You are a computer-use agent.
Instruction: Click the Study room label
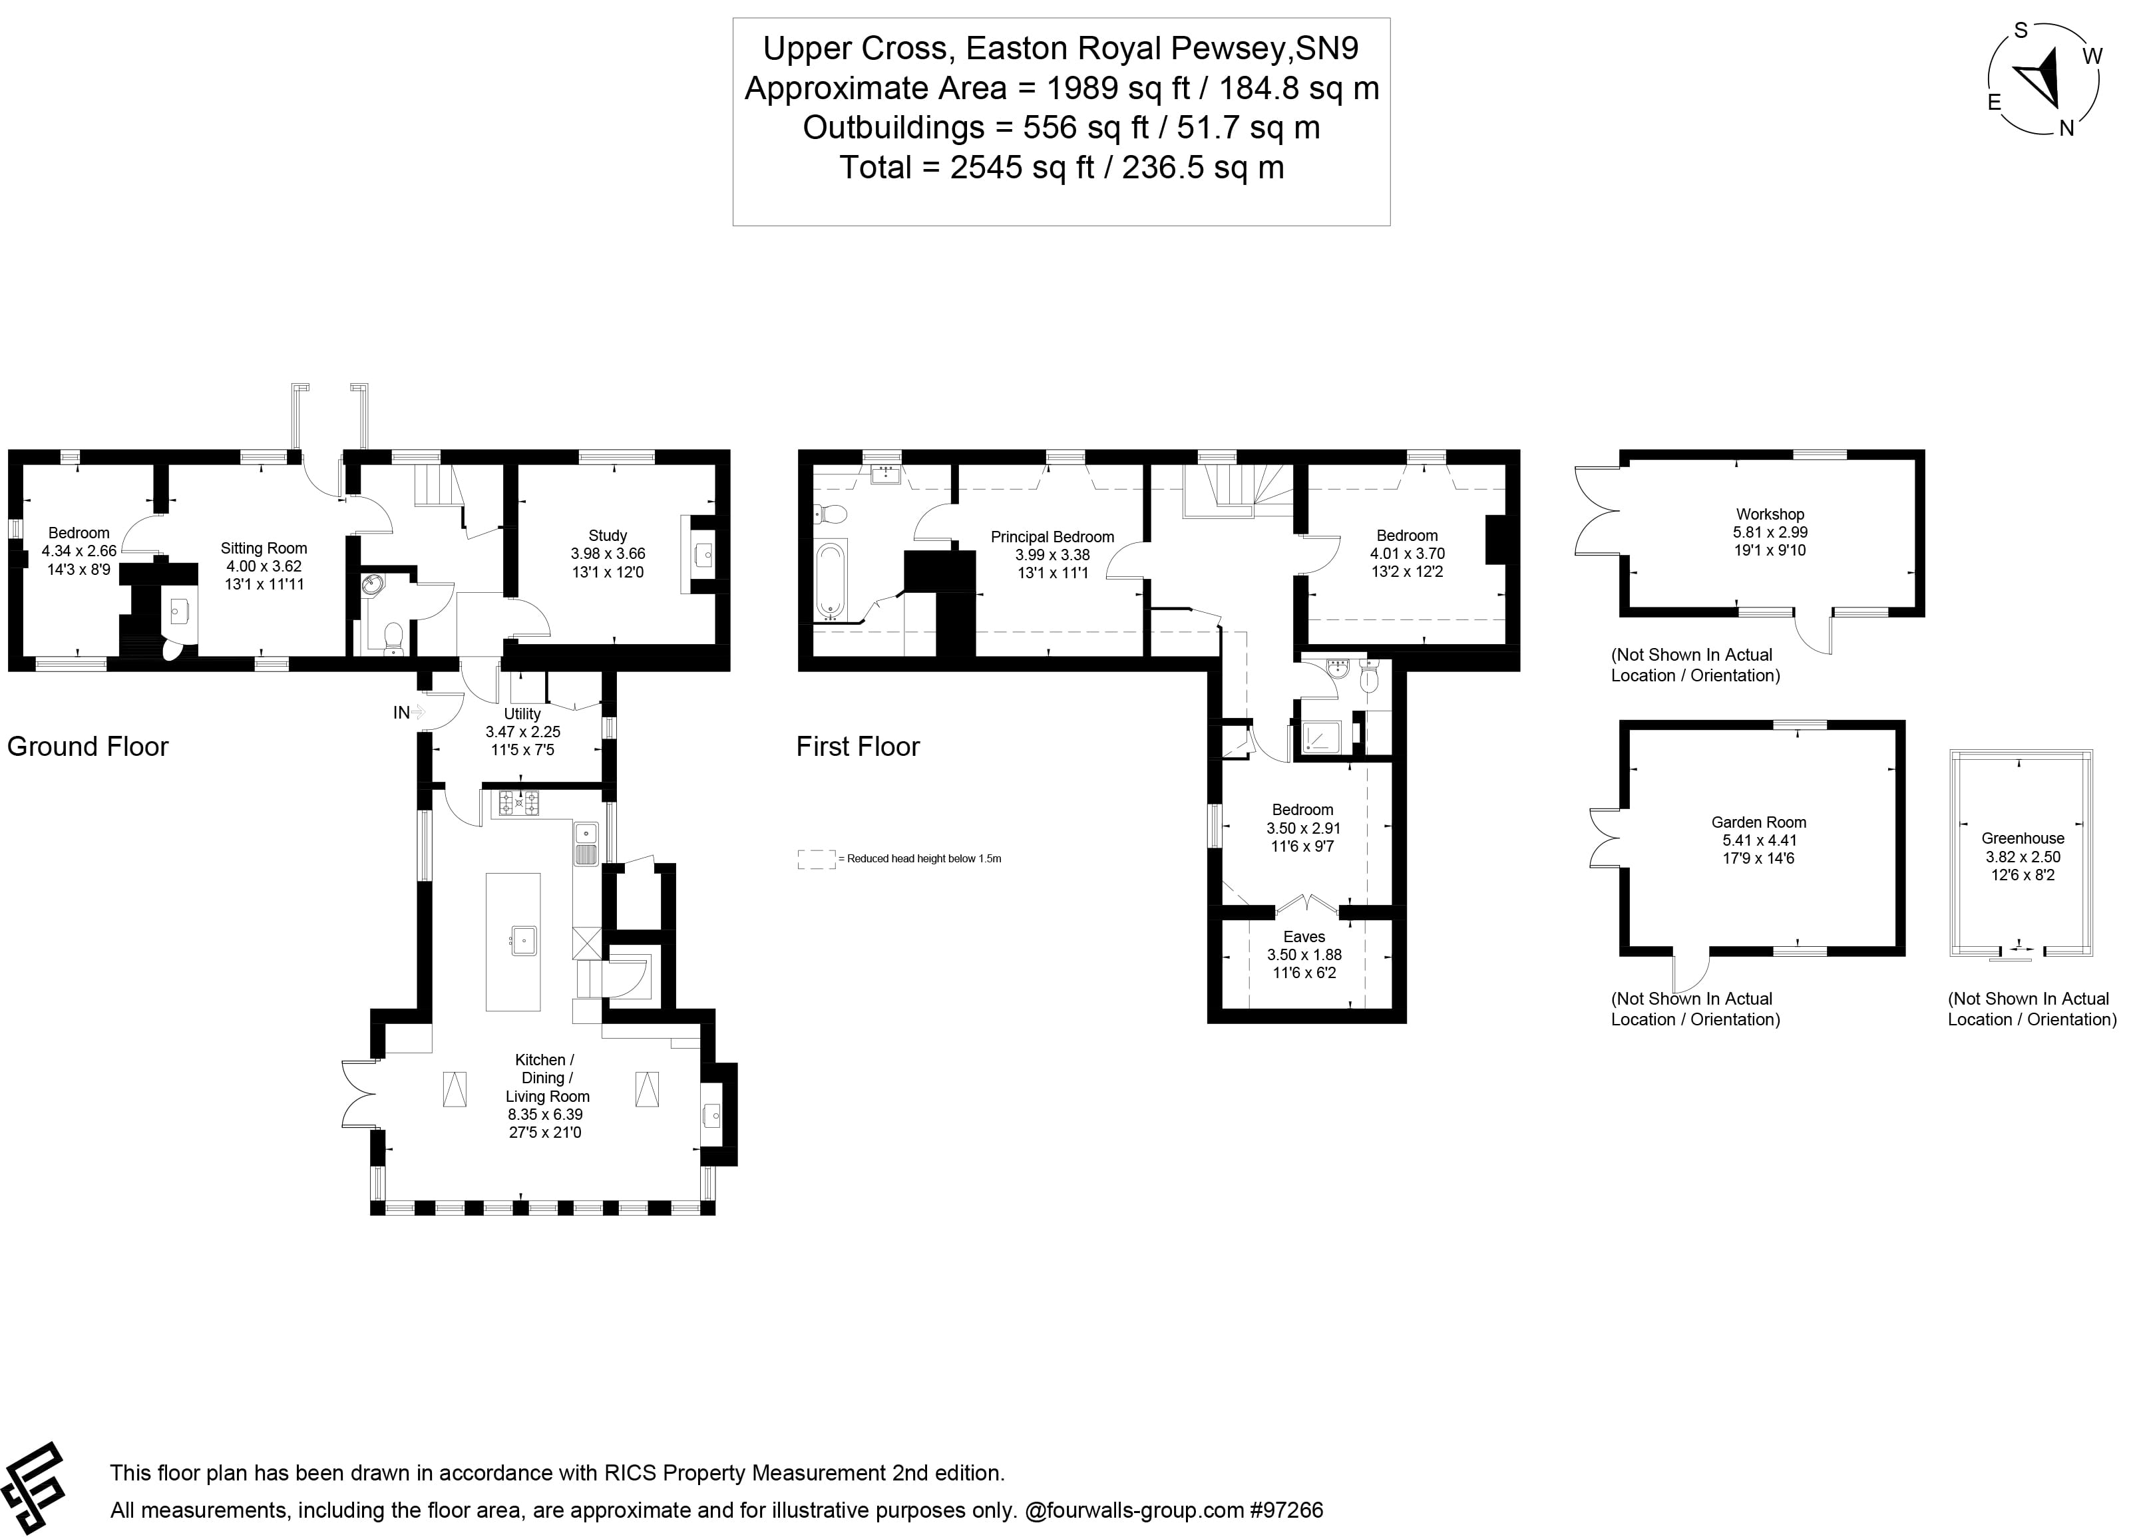(607, 536)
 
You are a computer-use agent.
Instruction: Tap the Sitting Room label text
(264, 548)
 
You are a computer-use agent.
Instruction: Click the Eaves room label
(1304, 937)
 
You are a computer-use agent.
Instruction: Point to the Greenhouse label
(2022, 838)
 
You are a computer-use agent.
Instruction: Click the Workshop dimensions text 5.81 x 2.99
(1770, 532)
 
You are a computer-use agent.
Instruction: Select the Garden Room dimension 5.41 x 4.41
(1758, 840)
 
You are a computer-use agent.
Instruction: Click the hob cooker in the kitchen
(518, 803)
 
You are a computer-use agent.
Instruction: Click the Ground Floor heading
(88, 747)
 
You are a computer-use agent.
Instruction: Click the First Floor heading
(858, 747)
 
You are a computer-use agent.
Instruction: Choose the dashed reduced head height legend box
(815, 858)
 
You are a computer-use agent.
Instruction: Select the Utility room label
(522, 713)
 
